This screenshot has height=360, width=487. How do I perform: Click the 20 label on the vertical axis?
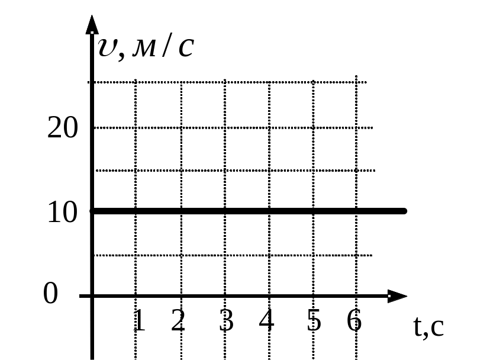point(62,127)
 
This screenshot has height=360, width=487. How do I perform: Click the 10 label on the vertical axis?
point(62,212)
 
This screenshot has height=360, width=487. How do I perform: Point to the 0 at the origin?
point(50,293)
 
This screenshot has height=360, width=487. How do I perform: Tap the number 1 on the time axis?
point(139,320)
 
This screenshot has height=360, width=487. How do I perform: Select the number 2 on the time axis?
point(178,320)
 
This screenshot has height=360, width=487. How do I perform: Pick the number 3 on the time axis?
point(227,320)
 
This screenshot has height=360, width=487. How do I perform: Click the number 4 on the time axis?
point(266,320)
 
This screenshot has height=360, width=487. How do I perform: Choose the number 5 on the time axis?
point(314,320)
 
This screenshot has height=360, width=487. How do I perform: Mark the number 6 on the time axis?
point(354,320)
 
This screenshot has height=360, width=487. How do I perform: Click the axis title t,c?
point(429,327)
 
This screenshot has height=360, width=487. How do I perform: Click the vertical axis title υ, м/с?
point(146,47)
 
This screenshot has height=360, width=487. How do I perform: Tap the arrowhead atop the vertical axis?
point(92,24)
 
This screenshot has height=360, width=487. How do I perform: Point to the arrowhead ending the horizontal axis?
point(397,296)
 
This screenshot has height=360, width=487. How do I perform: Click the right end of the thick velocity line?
point(404,211)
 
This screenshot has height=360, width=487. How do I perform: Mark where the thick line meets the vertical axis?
point(92,211)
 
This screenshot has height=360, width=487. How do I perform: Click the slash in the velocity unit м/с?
point(167,45)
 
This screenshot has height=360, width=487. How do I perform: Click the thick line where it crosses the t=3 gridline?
point(225,211)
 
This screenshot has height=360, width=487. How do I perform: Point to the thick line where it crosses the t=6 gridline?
point(356,211)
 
